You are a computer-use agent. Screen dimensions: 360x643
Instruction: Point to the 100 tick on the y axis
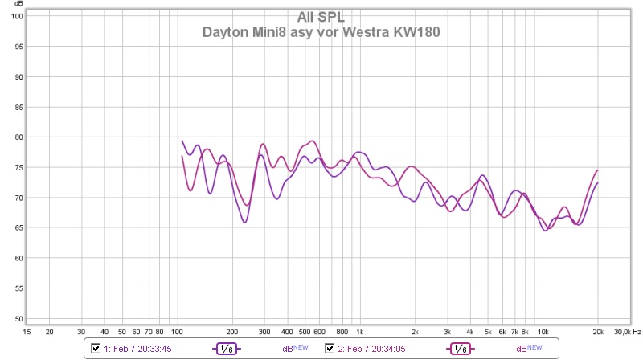(15, 17)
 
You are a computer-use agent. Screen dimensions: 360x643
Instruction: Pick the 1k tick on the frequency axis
(359, 331)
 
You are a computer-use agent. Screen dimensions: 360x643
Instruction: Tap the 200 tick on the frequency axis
(232, 331)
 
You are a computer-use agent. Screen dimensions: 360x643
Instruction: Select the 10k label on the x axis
(543, 331)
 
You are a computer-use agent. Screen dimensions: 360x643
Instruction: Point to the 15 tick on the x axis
(27, 331)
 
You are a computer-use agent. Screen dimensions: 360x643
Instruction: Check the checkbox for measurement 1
(96, 348)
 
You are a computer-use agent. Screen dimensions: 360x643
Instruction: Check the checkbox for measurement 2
(330, 348)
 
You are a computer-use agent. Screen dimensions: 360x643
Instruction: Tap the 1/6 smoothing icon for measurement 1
(227, 348)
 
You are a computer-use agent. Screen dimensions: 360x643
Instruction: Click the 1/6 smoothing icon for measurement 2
(461, 348)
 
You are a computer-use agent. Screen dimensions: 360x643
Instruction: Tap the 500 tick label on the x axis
(305, 331)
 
